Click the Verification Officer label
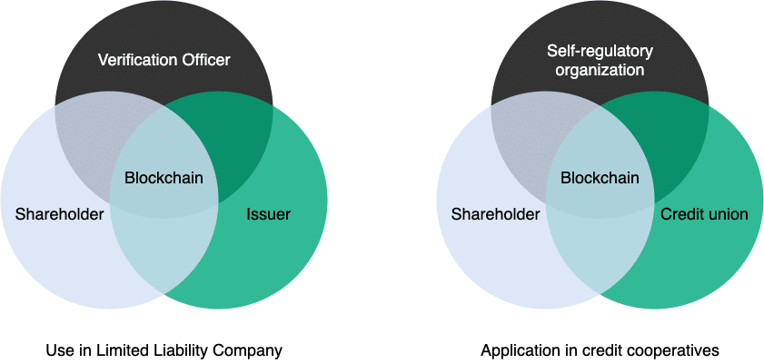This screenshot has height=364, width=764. tap(164, 61)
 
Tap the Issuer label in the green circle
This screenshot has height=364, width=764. tap(269, 214)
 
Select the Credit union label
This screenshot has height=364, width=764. tap(704, 214)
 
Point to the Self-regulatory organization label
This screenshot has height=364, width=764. tap(600, 60)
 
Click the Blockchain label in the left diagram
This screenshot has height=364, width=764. tap(164, 178)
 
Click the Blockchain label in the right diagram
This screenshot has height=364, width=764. tap(600, 178)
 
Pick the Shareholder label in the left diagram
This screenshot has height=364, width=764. tap(59, 214)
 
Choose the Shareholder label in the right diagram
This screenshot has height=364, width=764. tap(495, 214)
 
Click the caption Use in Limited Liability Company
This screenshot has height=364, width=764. tap(164, 350)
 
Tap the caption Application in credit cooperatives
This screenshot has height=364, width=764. tap(600, 350)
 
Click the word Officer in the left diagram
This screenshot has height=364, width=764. tap(204, 61)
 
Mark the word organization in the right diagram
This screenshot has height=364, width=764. tap(600, 71)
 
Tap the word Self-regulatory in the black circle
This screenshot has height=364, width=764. tap(600, 51)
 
